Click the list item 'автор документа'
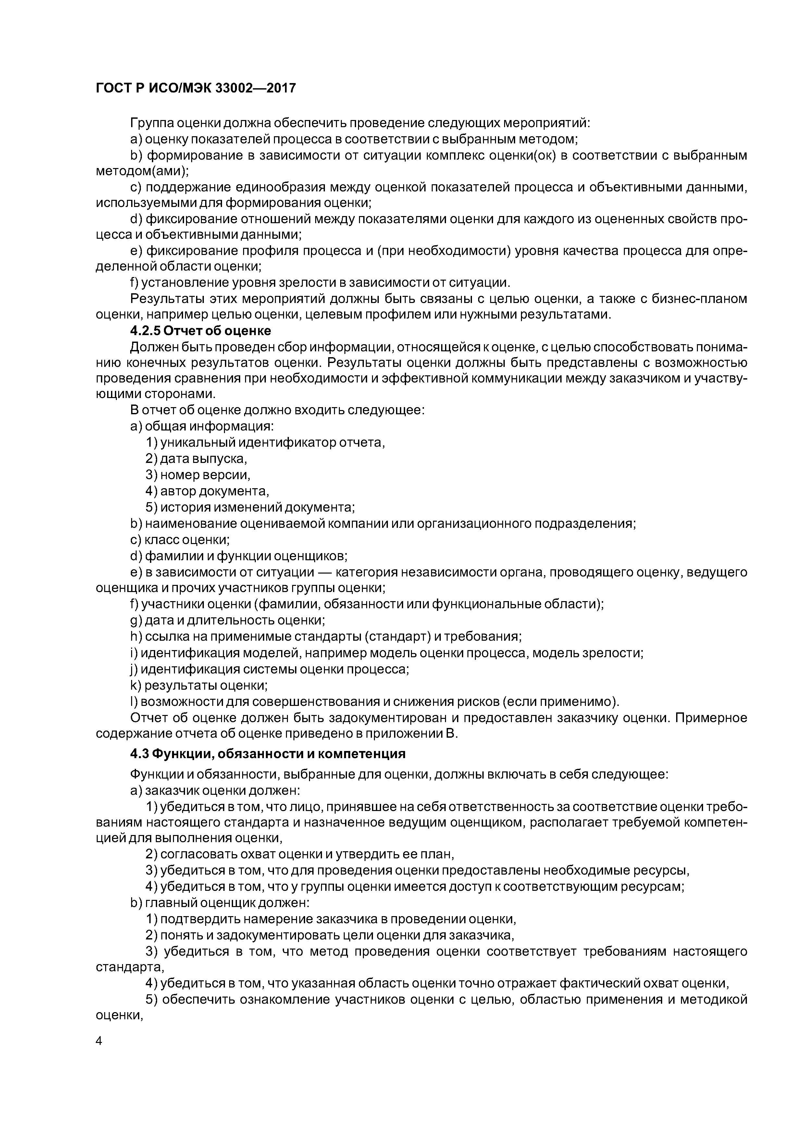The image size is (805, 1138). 207,491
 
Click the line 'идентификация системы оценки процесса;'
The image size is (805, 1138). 270,669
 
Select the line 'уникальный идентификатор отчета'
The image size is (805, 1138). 265,442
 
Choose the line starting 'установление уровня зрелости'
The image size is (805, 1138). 320,283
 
